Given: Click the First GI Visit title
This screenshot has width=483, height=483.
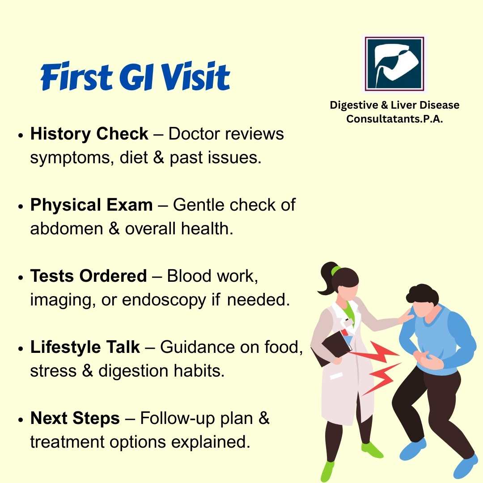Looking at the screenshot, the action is coord(135,76).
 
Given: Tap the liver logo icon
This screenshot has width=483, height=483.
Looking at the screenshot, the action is coord(394,64).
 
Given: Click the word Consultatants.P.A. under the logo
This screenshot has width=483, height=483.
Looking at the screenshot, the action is coord(394,119).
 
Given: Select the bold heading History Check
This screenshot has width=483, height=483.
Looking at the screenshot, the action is coord(89,134).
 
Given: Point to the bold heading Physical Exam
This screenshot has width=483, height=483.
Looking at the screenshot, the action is coord(91,205).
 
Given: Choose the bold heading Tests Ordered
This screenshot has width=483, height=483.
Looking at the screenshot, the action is coord(89,275).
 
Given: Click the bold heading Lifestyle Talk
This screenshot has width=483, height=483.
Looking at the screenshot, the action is coord(85,347).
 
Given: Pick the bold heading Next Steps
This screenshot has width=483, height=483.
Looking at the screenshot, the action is coord(75,418).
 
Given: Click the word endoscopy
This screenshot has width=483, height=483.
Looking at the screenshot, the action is coord(164,301).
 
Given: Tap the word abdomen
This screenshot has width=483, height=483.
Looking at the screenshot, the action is coord(66,229).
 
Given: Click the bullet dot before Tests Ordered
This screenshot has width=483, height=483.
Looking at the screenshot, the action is coord(21,277).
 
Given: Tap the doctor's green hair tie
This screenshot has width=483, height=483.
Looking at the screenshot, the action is coord(335,271).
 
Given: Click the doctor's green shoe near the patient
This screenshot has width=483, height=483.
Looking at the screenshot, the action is coord(372,450).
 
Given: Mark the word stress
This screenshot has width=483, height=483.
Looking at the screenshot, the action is coord(53,371).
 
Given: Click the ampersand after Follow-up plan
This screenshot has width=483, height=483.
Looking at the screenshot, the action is coord(264,418).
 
